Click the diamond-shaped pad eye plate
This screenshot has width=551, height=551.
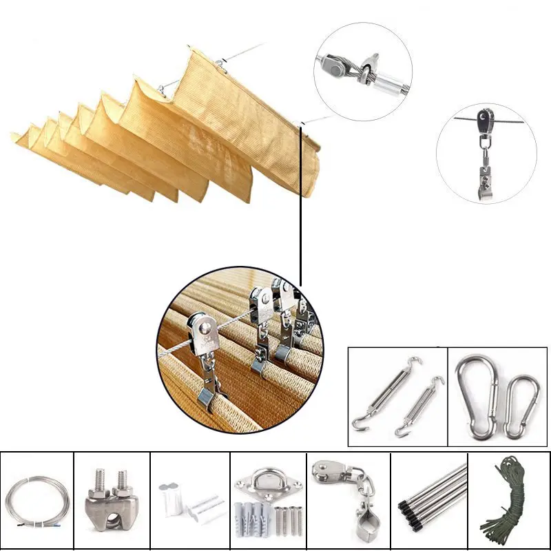[269, 482]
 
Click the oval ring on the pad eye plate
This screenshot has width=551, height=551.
[269, 475]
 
